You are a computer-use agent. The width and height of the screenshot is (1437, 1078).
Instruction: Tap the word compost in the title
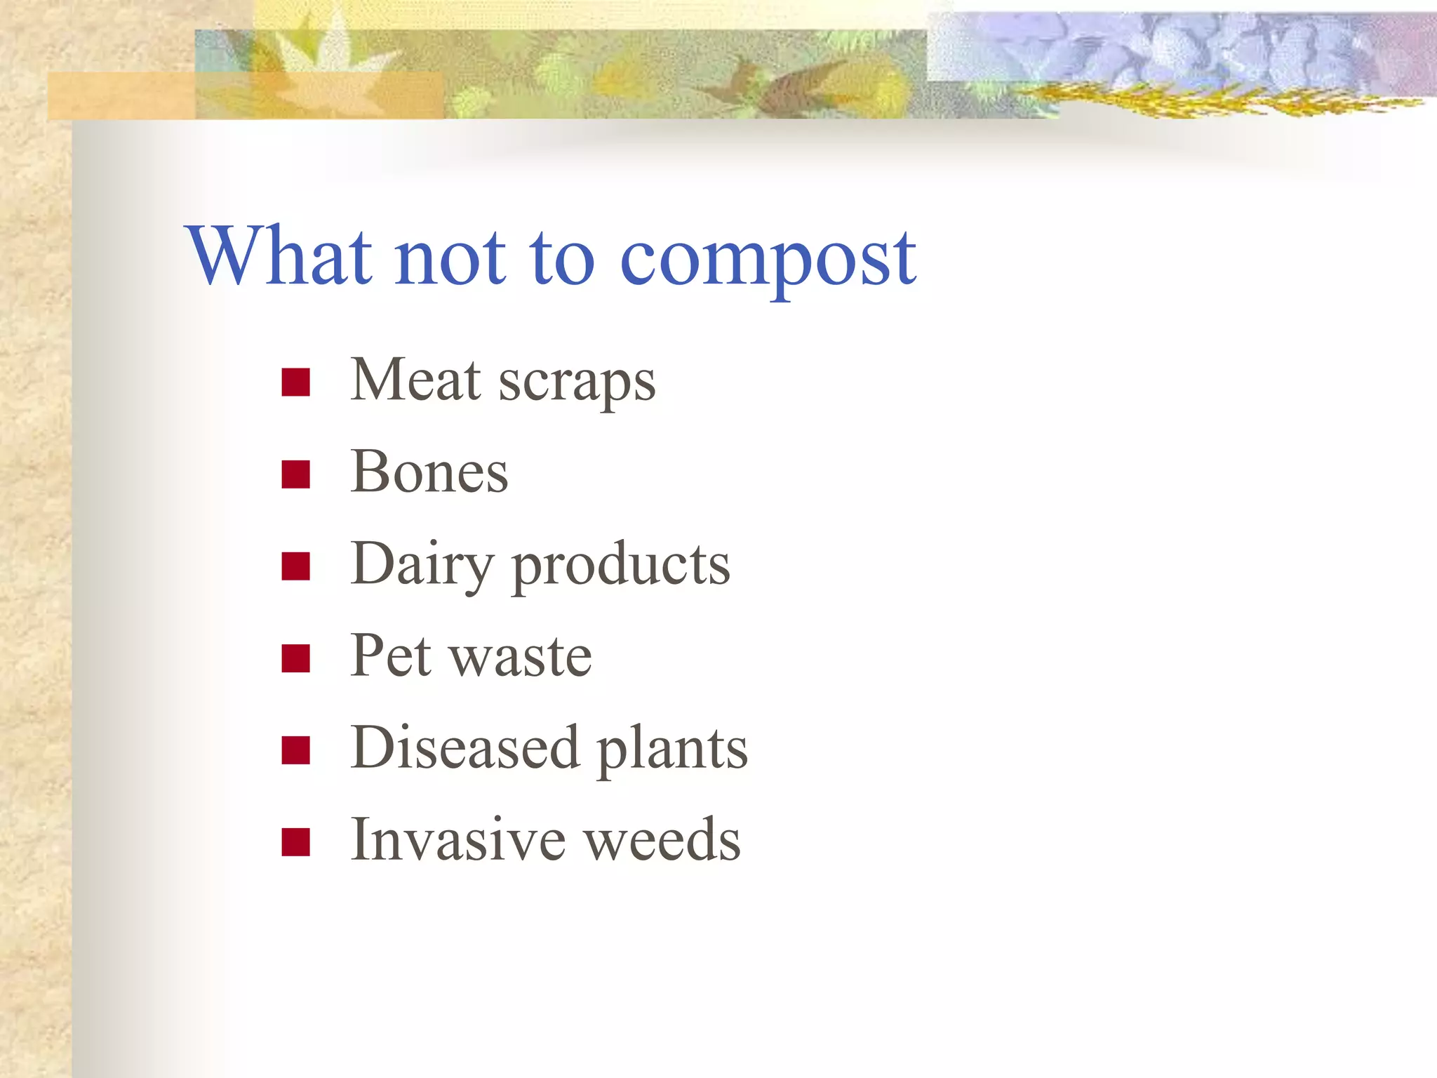(768, 260)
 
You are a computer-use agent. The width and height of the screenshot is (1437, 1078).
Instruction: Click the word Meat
(415, 380)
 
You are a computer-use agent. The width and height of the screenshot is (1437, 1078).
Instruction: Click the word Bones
(429, 472)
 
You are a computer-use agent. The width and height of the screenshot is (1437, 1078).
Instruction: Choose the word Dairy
(422, 566)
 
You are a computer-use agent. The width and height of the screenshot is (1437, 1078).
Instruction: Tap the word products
(621, 567)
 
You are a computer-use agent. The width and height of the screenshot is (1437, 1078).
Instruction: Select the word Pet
(390, 656)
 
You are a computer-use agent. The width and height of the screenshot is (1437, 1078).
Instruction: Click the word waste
(520, 658)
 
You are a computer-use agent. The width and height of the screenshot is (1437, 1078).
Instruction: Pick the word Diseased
(464, 748)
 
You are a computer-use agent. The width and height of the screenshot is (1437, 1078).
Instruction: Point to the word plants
(672, 750)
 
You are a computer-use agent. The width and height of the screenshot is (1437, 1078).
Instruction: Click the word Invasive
(457, 840)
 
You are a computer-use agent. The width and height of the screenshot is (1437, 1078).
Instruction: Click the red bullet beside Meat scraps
(295, 382)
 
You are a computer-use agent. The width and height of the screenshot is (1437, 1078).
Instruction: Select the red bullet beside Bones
(295, 474)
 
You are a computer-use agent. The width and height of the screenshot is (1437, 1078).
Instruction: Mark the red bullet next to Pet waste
(295, 658)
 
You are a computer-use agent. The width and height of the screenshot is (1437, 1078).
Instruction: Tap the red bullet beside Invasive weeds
(295, 842)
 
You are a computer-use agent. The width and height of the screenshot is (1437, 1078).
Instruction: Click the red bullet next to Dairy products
(295, 566)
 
